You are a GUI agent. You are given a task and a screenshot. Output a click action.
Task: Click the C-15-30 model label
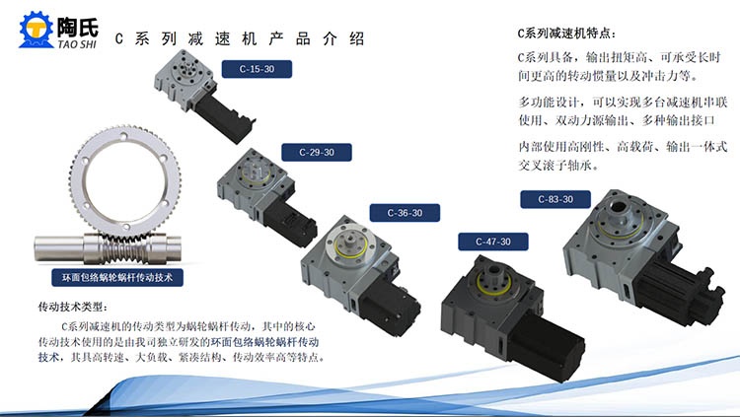point(257,69)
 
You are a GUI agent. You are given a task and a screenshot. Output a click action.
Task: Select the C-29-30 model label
point(317,153)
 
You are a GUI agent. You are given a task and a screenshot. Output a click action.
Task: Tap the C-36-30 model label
point(405,213)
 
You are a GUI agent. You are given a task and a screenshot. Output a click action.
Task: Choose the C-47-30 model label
point(493,242)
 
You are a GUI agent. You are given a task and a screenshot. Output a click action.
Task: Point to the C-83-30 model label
point(555,199)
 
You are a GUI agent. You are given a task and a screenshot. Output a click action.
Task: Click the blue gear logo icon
point(37,30)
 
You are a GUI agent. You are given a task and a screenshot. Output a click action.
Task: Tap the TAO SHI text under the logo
point(77,44)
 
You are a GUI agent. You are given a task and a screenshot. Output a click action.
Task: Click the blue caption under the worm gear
point(117,277)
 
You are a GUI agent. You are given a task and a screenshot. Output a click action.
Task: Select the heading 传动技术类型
point(73,308)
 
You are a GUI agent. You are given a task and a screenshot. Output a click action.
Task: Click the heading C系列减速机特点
point(566,34)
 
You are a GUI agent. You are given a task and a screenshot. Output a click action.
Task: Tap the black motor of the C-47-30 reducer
point(547,346)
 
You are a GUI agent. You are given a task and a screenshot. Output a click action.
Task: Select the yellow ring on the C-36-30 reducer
point(350,247)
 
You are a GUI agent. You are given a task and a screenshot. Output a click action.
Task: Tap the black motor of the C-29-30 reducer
point(290,221)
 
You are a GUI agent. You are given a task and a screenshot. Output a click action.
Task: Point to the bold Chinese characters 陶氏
point(77,28)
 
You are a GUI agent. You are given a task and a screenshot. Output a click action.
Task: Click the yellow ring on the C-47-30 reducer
point(494,282)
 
